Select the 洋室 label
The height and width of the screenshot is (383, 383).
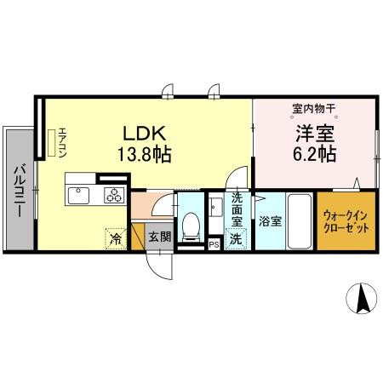click(x=314, y=134)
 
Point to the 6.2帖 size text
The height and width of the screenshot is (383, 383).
click(x=314, y=154)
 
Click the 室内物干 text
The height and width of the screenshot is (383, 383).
click(x=314, y=109)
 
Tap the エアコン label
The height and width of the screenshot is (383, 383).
click(x=62, y=143)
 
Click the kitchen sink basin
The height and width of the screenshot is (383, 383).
click(x=77, y=196)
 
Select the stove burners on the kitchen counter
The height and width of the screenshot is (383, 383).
click(x=114, y=196)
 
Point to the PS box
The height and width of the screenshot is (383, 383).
click(x=214, y=244)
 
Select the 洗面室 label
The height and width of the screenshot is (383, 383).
click(x=237, y=211)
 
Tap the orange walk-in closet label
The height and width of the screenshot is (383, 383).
click(x=345, y=222)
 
